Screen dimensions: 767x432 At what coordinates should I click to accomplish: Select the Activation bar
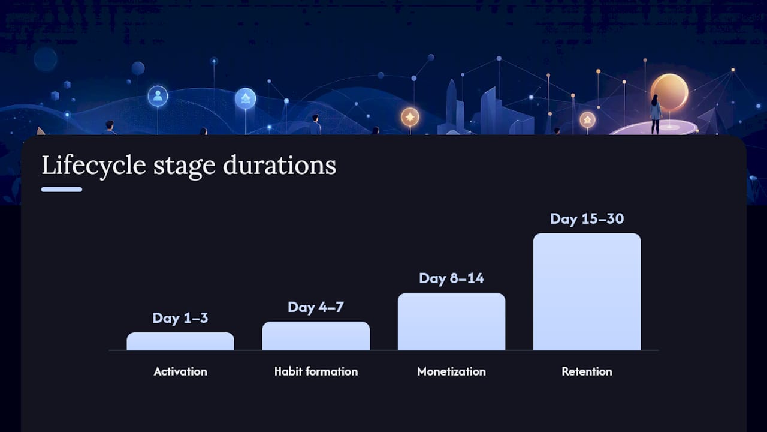click(x=180, y=341)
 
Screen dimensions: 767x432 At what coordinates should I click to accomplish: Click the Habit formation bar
click(x=316, y=336)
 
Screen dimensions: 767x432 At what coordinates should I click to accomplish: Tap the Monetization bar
click(x=451, y=322)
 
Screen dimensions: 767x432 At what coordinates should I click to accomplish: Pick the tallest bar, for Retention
click(x=587, y=292)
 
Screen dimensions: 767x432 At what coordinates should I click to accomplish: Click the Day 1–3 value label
click(x=180, y=318)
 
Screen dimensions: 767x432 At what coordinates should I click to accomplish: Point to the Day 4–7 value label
click(x=316, y=307)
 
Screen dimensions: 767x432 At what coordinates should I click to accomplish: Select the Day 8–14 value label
click(x=451, y=278)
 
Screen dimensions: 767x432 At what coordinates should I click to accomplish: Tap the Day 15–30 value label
click(x=587, y=219)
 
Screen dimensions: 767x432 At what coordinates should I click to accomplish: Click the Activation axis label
click(x=180, y=371)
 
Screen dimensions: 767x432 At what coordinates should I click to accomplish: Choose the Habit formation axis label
click(x=316, y=371)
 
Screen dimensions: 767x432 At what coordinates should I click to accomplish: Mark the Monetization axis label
click(x=451, y=371)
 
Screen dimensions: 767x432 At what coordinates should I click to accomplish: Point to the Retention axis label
click(x=587, y=371)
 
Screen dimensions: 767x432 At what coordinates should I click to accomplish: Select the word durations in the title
click(x=279, y=165)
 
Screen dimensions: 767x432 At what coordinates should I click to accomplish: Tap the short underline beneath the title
click(x=62, y=190)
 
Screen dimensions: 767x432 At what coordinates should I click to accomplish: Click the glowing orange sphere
click(x=669, y=92)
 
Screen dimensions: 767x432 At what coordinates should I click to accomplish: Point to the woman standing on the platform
click(x=656, y=114)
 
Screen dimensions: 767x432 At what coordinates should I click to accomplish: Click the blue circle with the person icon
click(x=158, y=96)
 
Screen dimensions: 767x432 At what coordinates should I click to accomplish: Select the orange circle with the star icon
click(x=410, y=117)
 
